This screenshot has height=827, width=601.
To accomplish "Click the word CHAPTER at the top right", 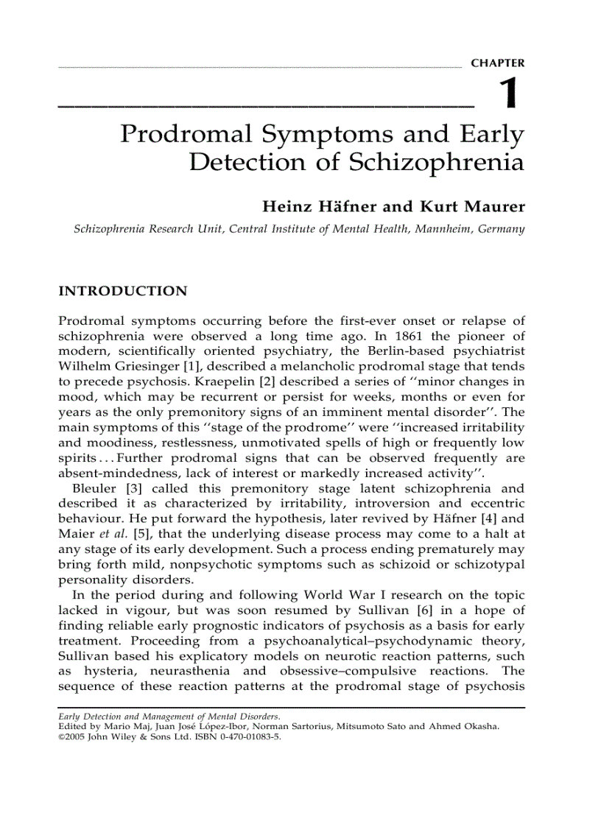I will tap(498, 64).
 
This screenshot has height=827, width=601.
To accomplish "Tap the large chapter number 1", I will tap(508, 96).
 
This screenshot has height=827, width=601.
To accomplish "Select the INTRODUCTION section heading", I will tap(122, 291).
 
